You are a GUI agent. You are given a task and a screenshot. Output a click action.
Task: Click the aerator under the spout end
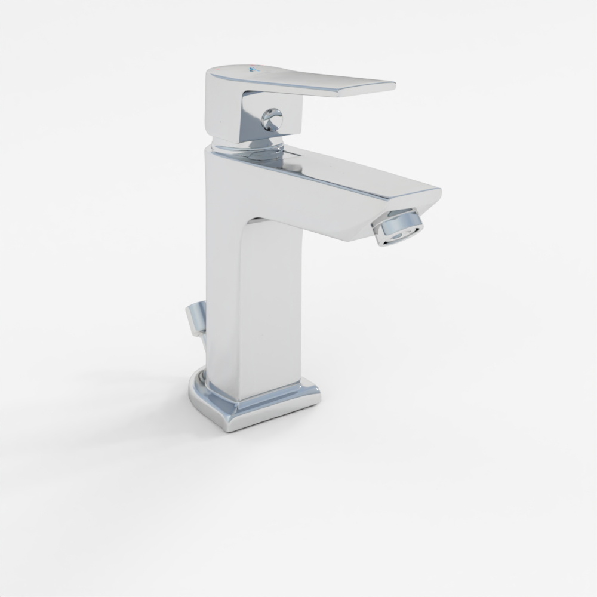coord(396,227)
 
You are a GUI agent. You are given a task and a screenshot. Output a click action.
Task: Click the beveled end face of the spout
coord(427,203)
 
